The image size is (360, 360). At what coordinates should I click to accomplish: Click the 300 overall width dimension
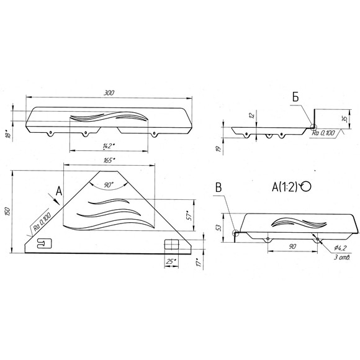109,93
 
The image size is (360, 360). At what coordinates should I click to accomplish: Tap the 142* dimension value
109,146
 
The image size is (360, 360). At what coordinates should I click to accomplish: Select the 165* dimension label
109,160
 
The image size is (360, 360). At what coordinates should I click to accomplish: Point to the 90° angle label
109,185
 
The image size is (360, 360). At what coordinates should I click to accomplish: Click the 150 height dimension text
7,212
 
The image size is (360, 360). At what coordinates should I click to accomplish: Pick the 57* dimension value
189,215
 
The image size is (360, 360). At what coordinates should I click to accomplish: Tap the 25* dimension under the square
171,261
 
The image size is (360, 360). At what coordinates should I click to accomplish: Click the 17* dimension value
199,262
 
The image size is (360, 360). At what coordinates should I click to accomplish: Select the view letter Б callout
295,97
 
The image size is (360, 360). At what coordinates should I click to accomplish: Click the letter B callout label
218,187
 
